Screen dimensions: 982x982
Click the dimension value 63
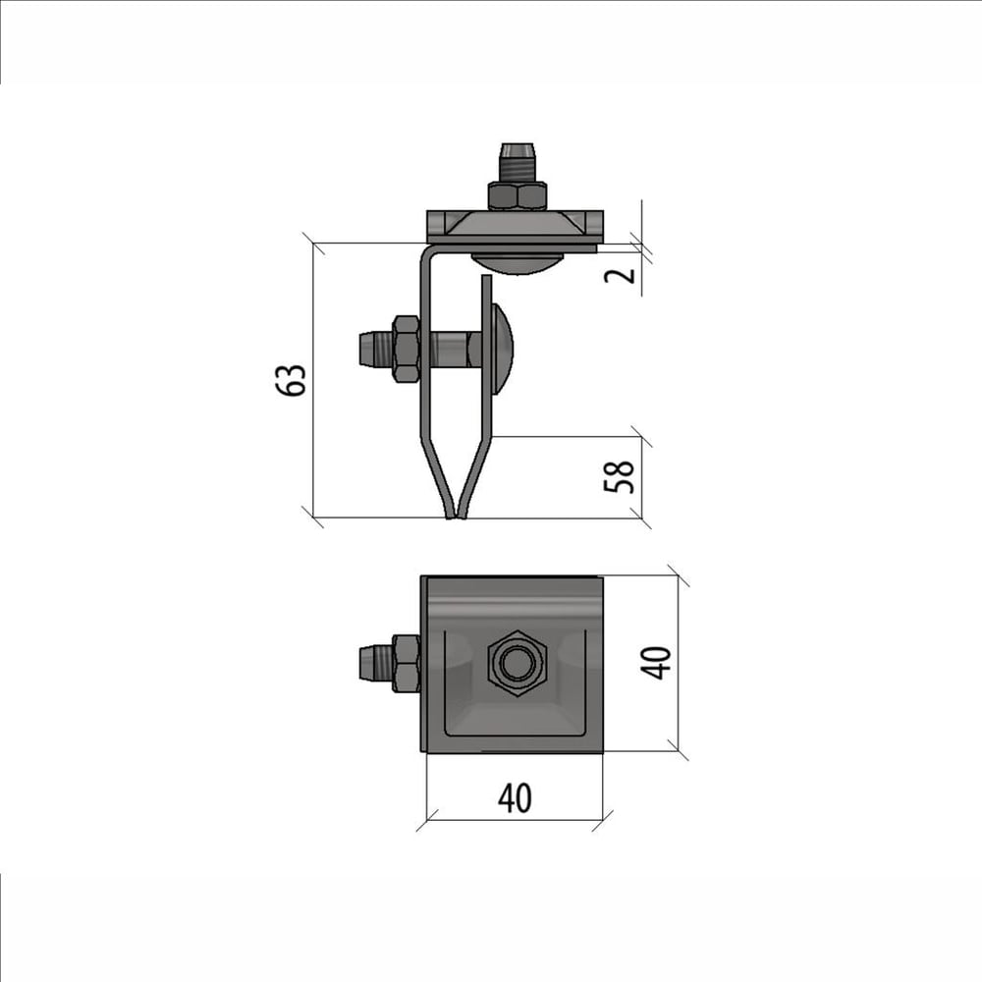click(x=292, y=379)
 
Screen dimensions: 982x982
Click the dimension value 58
click(x=619, y=477)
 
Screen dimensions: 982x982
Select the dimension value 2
click(x=620, y=274)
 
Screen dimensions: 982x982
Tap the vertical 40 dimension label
click(x=655, y=662)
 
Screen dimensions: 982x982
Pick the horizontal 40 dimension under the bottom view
click(x=515, y=797)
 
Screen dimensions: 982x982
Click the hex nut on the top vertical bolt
click(x=517, y=195)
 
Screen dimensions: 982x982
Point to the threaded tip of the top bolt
click(x=517, y=162)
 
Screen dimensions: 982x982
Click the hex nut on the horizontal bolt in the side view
click(x=405, y=349)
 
